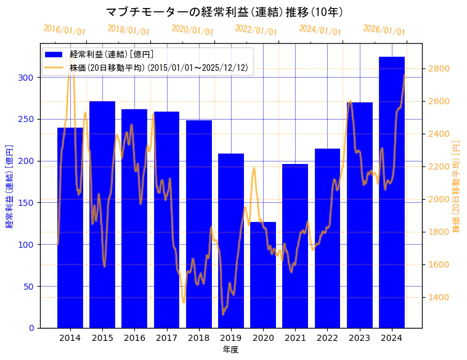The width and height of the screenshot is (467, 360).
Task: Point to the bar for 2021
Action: pos(295,246)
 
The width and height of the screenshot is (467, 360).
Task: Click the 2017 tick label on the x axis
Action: pos(166,338)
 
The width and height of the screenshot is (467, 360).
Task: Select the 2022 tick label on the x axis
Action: pos(327,338)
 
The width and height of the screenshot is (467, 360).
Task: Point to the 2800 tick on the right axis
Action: pos(439,68)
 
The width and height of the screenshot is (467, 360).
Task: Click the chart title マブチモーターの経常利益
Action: pos(224,12)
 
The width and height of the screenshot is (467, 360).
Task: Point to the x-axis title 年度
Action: pos(231,350)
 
